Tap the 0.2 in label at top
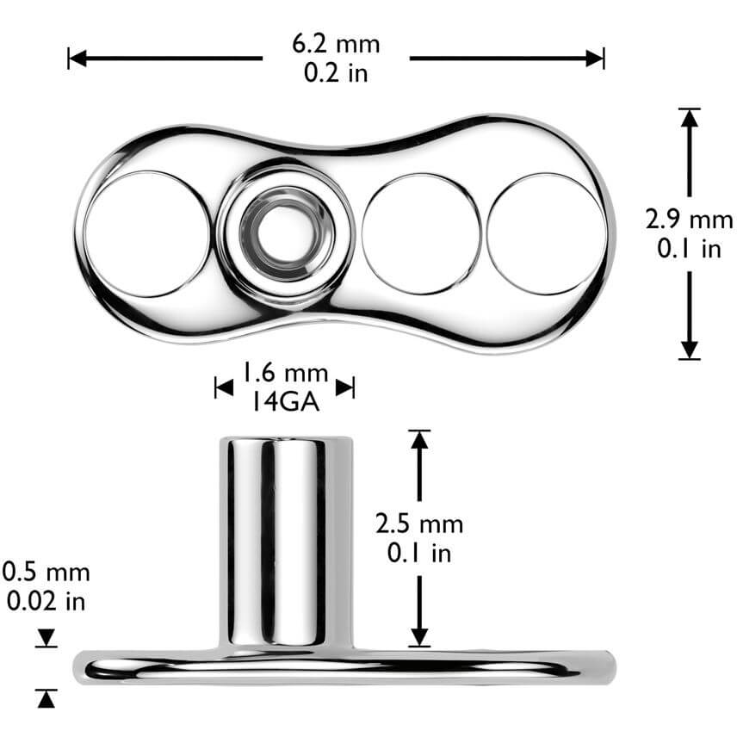[336, 73]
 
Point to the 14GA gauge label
[284, 400]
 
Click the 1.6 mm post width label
[284, 374]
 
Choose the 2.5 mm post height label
[419, 523]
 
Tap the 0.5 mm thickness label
[46, 573]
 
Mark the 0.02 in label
[46, 601]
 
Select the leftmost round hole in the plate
[146, 234]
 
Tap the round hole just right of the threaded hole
[420, 234]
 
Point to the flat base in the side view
[344, 666]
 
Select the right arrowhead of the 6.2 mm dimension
[595, 59]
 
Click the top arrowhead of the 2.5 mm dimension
[419, 439]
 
